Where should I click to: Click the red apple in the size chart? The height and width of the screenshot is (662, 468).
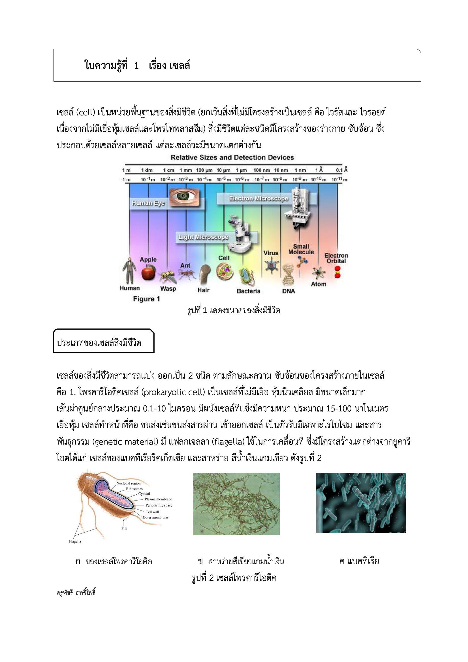click(149, 273)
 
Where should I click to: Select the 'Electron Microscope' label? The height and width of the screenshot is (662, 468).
click(259, 198)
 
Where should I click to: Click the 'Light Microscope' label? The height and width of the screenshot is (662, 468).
click(203, 237)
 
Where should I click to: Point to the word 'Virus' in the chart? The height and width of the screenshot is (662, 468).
click(271, 253)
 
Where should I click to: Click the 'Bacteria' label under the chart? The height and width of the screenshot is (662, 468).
click(248, 291)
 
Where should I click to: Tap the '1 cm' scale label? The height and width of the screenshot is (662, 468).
click(168, 170)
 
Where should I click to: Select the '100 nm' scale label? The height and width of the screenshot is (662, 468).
click(261, 170)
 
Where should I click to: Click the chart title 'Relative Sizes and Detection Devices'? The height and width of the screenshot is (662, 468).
click(232, 157)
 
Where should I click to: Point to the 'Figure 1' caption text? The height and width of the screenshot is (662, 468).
click(146, 299)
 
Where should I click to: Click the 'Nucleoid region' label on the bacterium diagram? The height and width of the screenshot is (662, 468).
click(128, 483)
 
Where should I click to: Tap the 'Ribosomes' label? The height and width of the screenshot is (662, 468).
click(134, 489)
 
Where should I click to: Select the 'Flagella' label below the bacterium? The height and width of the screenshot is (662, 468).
click(75, 541)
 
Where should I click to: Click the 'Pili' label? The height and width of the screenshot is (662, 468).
click(124, 529)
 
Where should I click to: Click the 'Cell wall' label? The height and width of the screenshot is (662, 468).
click(152, 512)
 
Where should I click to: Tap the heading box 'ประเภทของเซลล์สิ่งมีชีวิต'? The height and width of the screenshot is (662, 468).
click(104, 343)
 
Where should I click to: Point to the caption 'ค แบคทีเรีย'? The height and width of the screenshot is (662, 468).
click(359, 561)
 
